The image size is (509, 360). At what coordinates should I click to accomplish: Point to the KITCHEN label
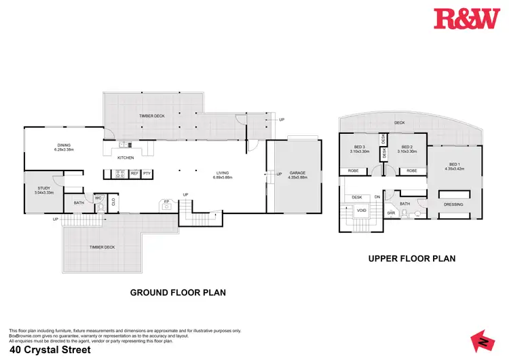pos(126,158)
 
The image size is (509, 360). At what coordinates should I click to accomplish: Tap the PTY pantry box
pos(147,174)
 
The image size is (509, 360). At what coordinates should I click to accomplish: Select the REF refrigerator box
pos(134,174)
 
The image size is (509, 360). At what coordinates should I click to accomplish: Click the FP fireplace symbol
pos(166,202)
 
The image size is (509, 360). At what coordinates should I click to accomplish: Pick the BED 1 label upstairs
pos(454,165)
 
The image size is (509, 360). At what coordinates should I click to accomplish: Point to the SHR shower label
pos(391,213)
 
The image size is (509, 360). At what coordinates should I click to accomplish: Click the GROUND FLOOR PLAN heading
pos(178,292)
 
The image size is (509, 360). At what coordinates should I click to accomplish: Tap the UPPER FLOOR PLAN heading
pos(411,258)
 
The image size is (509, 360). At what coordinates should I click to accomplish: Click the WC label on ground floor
pos(98,198)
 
